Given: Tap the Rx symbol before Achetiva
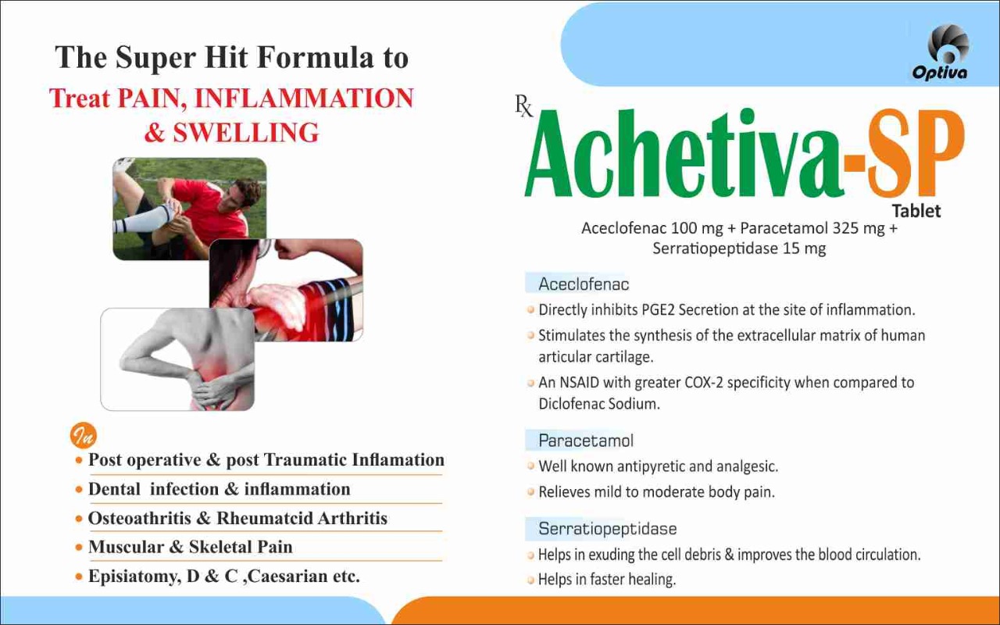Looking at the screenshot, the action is tap(524, 106).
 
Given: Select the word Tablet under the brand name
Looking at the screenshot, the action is tap(916, 211).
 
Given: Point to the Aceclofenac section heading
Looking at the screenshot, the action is tap(584, 284).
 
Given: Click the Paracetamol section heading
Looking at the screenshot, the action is tap(586, 441).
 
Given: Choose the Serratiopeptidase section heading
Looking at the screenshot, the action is tap(608, 529).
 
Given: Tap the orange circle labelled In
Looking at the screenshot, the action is tap(84, 435).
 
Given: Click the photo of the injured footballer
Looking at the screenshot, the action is tap(189, 209).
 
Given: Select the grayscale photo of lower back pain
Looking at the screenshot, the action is tap(177, 359).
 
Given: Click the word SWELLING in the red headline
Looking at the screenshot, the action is tap(246, 133).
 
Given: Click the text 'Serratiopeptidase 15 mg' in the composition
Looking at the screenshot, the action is tap(739, 248).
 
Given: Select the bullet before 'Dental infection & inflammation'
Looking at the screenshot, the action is tap(79, 490).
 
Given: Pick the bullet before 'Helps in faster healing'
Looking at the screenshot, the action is tap(530, 580).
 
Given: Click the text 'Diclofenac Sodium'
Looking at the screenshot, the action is tap(599, 404).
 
